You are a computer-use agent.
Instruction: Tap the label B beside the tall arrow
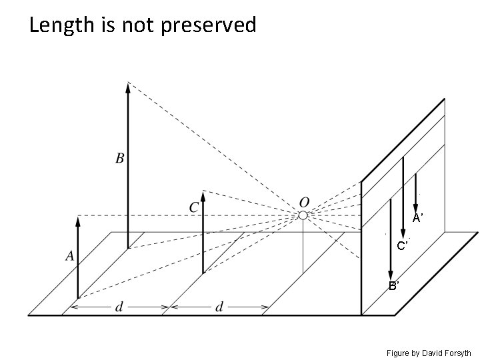tap(120, 159)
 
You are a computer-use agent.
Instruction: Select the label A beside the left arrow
tap(69, 255)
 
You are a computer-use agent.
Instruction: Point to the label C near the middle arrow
tap(193, 207)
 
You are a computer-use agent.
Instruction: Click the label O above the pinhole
tap(305, 201)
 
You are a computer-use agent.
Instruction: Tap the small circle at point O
tap(303, 215)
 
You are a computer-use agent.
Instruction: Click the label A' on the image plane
tap(417, 218)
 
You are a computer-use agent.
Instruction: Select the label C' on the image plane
tap(403, 246)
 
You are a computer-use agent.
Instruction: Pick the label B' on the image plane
tap(394, 286)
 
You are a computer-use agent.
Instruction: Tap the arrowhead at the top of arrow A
tap(78, 221)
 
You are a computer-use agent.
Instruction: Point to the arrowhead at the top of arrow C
tap(203, 196)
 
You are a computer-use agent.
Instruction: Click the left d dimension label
tap(119, 307)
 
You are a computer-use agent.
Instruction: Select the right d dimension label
tap(219, 307)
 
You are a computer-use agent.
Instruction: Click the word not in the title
tap(125, 25)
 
